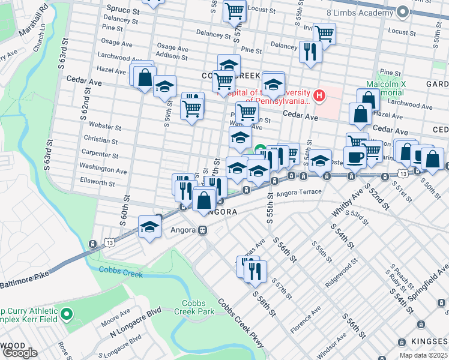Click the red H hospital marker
click(319, 94)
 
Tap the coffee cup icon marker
click(355, 158)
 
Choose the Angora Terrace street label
click(300, 193)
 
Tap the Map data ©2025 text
click(423, 355)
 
